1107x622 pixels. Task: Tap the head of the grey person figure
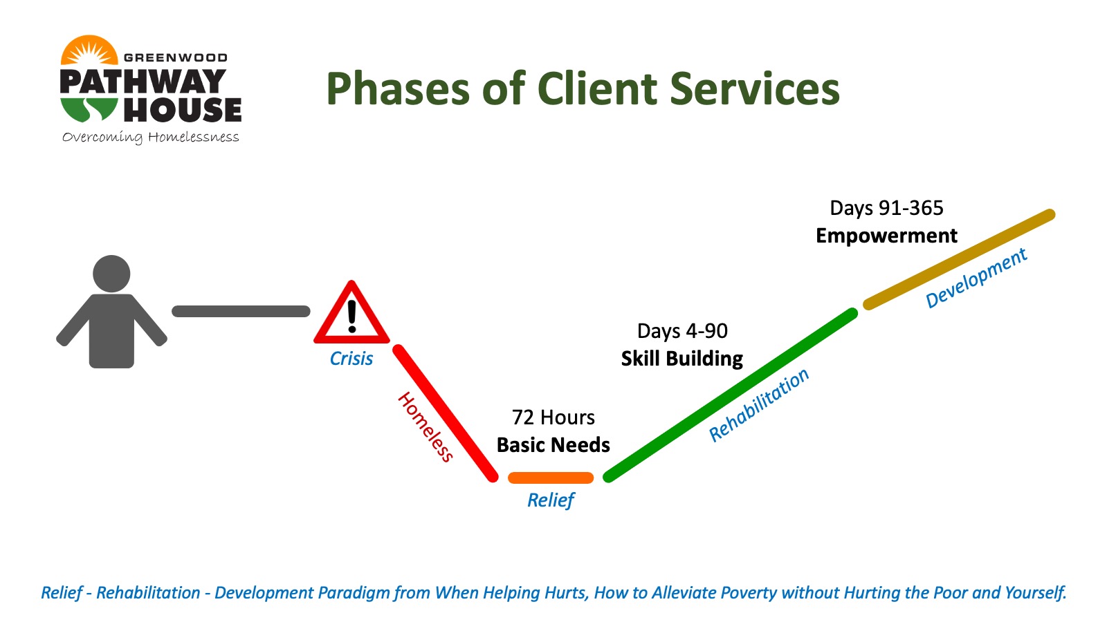tap(111, 274)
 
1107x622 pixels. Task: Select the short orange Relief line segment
tap(551, 478)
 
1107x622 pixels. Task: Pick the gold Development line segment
tap(959, 260)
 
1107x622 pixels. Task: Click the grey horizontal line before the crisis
tap(241, 312)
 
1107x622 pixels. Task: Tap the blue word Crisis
tap(351, 359)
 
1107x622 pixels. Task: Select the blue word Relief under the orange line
tap(551, 500)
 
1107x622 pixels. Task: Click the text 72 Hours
tap(553, 417)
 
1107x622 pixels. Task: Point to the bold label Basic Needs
tap(553, 445)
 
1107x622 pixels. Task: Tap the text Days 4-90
tap(682, 331)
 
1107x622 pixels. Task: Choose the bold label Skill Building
tap(682, 359)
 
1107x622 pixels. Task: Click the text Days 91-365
tap(886, 208)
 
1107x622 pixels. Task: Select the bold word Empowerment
tap(886, 236)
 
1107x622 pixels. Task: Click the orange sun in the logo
tap(89, 50)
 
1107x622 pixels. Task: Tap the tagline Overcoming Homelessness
tap(151, 138)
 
